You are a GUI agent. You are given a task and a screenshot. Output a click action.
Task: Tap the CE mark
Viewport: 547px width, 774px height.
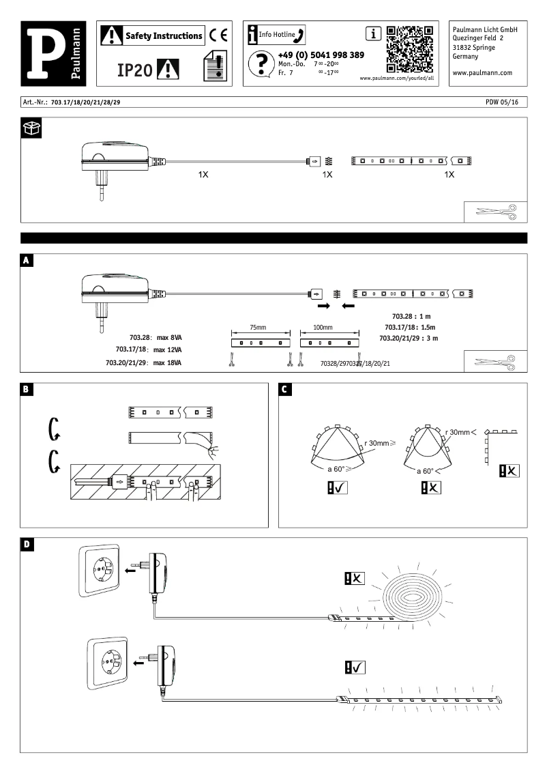[218, 35]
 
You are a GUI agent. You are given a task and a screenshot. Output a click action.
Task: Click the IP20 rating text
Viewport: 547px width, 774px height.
[133, 70]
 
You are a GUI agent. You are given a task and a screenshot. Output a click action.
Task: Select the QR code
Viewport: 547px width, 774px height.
[409, 50]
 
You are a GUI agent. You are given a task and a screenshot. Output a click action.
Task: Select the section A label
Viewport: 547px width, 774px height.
[26, 260]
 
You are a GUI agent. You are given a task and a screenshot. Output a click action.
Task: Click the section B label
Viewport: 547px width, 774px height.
[26, 390]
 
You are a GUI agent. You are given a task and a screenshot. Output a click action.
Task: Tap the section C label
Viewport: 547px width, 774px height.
[286, 390]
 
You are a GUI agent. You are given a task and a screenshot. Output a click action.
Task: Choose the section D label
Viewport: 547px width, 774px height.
[26, 544]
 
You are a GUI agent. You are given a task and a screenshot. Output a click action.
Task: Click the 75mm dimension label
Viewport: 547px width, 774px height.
[257, 327]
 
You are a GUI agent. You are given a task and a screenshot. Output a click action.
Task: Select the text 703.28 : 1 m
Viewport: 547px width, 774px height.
[412, 317]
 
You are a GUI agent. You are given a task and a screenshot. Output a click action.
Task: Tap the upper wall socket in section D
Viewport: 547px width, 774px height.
[101, 569]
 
